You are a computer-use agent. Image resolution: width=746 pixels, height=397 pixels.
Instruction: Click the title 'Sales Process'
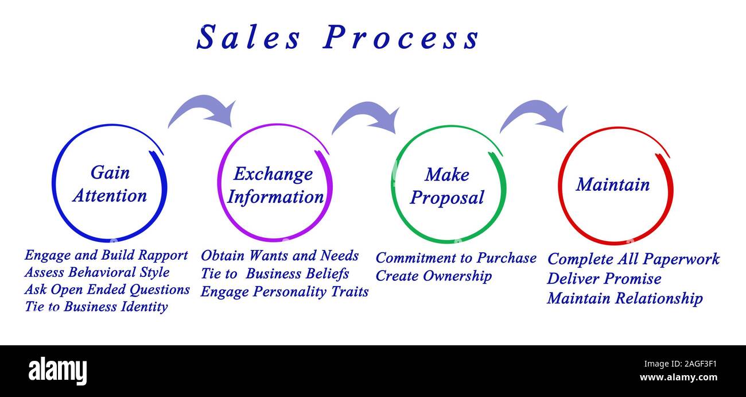click(337, 38)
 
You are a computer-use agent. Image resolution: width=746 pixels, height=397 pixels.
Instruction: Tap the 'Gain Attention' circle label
click(110, 184)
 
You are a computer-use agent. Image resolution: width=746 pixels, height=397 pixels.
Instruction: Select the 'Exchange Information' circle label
click(274, 185)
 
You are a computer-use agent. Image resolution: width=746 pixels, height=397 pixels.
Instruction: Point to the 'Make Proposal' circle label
click(447, 186)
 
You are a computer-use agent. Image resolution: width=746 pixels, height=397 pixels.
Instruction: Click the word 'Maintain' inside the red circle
click(612, 184)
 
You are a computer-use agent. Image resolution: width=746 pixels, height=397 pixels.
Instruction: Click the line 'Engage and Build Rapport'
click(106, 255)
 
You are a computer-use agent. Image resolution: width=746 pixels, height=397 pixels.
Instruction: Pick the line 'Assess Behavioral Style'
click(97, 272)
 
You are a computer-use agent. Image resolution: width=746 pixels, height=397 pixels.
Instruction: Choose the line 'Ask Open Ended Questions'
click(107, 290)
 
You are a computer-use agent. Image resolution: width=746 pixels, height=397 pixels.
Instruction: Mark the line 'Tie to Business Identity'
click(96, 307)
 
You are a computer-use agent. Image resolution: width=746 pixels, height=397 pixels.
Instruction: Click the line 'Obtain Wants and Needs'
click(279, 256)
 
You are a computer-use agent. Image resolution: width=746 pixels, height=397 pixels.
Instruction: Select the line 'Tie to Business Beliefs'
click(274, 273)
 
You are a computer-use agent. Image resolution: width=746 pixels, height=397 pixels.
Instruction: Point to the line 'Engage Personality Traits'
click(284, 291)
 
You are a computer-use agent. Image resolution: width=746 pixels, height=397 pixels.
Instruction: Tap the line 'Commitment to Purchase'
click(456, 258)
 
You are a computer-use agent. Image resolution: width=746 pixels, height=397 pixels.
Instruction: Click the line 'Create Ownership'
click(433, 276)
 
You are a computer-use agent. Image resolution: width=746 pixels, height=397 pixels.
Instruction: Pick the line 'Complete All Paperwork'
click(633, 259)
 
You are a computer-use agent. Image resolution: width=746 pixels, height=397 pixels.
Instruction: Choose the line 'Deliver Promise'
click(604, 279)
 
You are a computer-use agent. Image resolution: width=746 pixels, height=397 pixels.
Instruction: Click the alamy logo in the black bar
click(58, 371)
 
